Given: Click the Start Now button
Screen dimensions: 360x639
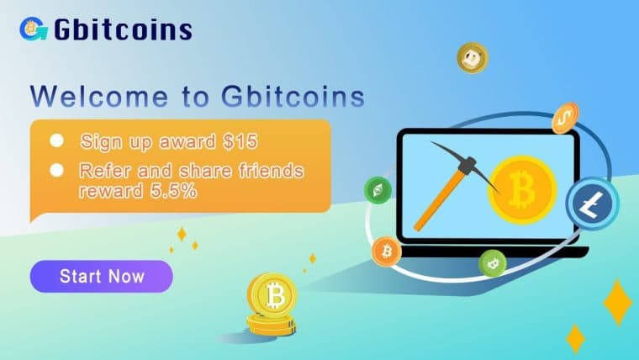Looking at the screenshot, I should (102, 276).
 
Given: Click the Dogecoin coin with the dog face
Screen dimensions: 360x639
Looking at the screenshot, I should (473, 58).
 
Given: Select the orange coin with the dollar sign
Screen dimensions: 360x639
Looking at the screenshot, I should (566, 119).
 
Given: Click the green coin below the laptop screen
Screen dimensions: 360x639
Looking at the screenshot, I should (492, 263).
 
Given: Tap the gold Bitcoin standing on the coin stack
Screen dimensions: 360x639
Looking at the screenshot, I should (272, 294).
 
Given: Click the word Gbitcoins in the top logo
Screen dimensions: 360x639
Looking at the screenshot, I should (124, 30).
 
